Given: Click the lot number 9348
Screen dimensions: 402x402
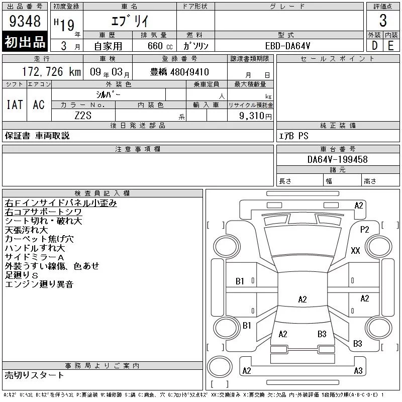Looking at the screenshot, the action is click(25, 21).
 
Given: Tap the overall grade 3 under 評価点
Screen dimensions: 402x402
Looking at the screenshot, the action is click(383, 21).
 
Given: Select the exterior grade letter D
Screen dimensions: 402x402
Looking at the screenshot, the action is click(374, 46).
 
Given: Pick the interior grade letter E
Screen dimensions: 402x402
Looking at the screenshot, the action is click(391, 46).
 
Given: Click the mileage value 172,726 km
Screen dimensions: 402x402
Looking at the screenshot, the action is click(51, 71).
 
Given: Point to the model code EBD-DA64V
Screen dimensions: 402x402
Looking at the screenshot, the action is click(287, 46).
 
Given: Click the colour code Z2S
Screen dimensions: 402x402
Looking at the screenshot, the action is click(83, 116).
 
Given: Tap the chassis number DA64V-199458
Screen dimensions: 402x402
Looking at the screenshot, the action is click(337, 159).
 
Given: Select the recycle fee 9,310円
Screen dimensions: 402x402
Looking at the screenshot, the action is click(255, 116).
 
